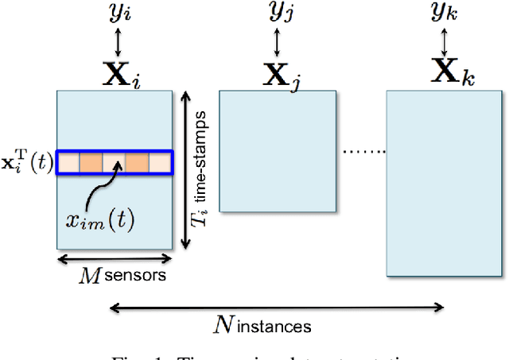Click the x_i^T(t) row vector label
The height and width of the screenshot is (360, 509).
28,163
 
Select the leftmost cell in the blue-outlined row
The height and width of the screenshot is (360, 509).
68,162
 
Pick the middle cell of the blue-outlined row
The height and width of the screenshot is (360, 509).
114,162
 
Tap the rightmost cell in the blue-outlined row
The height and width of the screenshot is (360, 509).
160,162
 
